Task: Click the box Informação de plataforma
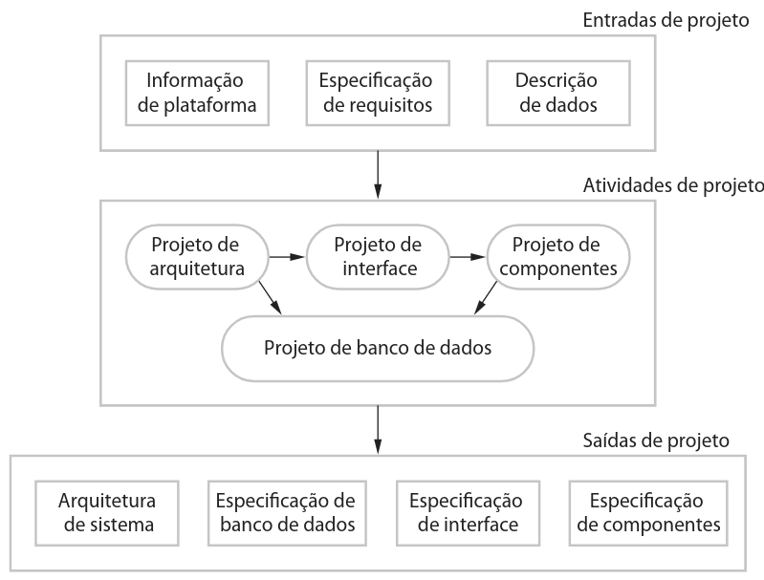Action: (x=197, y=93)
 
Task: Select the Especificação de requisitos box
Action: (x=377, y=93)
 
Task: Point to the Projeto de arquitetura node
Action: (x=197, y=257)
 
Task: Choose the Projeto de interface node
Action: (x=377, y=257)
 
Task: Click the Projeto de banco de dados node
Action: (x=377, y=347)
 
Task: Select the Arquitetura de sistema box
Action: (x=106, y=512)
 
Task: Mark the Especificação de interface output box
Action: (x=466, y=512)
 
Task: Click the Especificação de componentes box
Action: (x=647, y=512)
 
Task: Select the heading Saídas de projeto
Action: (x=656, y=441)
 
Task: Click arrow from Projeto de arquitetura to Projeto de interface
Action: (x=286, y=257)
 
